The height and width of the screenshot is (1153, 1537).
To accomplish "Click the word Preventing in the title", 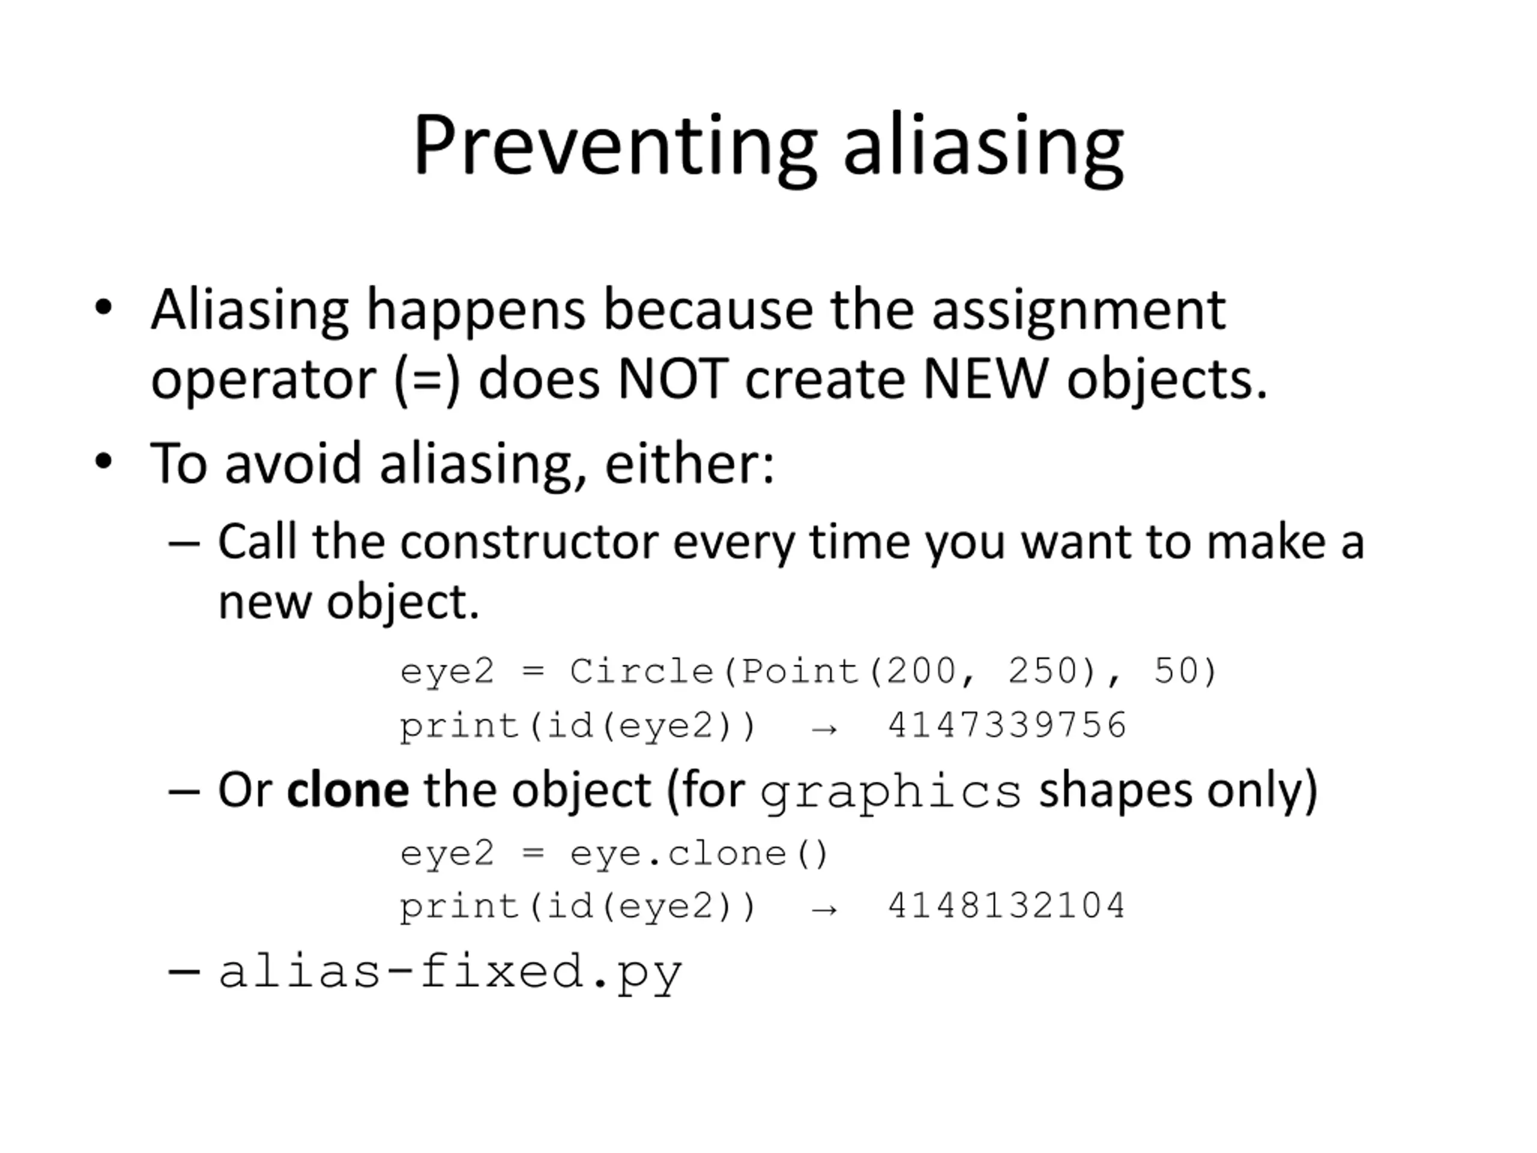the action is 615,149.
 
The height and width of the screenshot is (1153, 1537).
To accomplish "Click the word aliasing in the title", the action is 984,149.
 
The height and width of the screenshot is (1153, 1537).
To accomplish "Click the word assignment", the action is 1079,311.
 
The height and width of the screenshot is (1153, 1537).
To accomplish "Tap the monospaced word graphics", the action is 891,793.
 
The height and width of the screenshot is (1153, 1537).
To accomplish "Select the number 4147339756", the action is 1007,725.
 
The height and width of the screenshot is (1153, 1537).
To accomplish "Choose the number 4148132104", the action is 1007,906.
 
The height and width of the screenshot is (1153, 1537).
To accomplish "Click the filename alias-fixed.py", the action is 451,972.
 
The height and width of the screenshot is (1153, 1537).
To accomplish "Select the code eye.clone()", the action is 699,854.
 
